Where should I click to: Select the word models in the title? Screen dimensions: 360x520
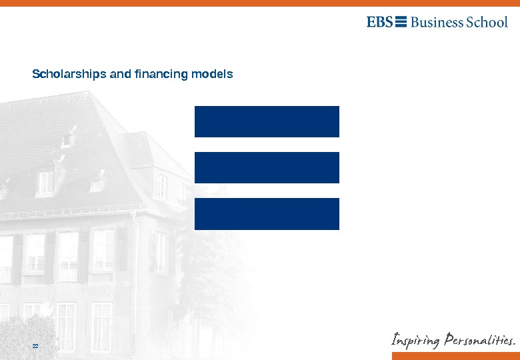tap(212, 74)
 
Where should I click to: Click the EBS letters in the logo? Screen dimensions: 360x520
tap(379, 22)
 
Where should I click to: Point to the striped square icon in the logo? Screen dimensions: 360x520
tap(401, 22)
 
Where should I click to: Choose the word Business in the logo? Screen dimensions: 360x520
tap(437, 22)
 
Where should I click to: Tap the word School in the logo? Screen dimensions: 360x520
tap(487, 22)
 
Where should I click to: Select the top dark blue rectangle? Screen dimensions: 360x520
tap(267, 121)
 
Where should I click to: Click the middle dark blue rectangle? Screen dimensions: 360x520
tap(267, 167)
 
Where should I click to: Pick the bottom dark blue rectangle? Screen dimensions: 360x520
tap(267, 213)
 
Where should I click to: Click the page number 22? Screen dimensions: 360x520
tap(35, 346)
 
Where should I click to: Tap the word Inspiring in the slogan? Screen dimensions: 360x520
tap(415, 341)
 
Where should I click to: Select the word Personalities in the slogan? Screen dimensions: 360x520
tap(479, 340)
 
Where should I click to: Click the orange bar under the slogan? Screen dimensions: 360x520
tap(455, 355)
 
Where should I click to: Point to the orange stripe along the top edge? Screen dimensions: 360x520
tap(260, 3)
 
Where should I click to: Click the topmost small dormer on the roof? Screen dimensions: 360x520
tap(67, 139)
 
